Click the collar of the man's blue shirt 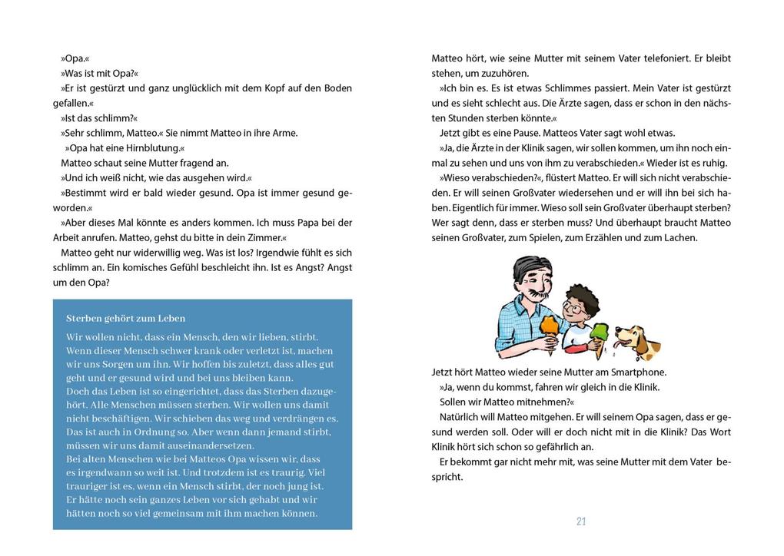click(x=522, y=306)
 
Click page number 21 click(x=581, y=521)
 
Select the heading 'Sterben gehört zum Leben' click(x=125, y=318)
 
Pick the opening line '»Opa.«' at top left click(x=75, y=58)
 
